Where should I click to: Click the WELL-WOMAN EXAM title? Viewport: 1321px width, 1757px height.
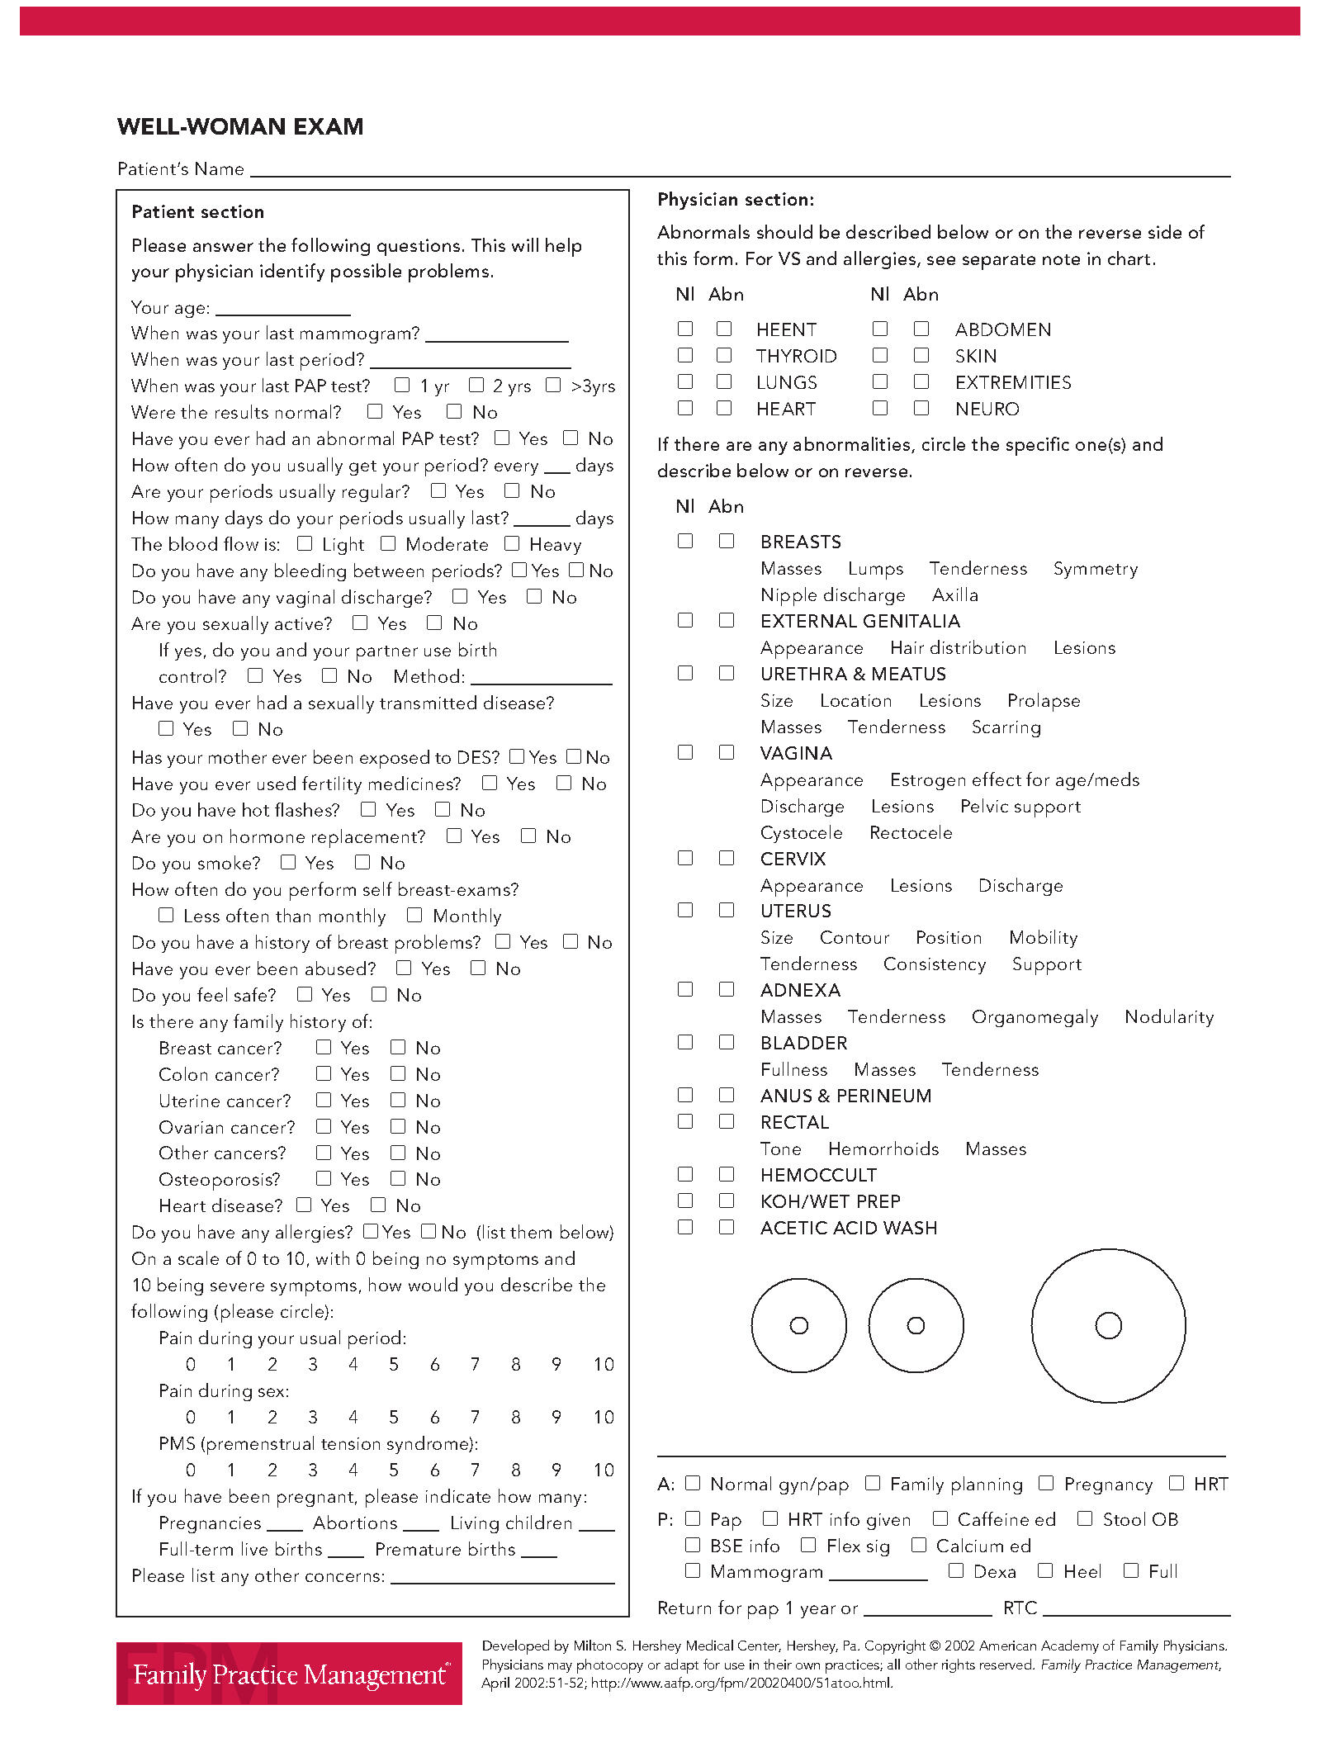pyautogui.click(x=240, y=126)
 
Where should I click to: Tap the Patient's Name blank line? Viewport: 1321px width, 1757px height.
pyautogui.click(x=739, y=170)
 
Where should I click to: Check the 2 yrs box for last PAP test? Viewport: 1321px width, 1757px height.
pyautogui.click(x=476, y=385)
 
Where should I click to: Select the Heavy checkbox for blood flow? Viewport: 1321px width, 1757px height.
pyautogui.click(x=512, y=543)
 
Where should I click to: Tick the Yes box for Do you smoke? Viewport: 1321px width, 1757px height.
pyautogui.click(x=288, y=862)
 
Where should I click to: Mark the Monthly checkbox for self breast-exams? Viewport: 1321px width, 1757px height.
pyautogui.click(x=414, y=915)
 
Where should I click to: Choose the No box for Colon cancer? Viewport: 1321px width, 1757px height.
pyautogui.click(x=398, y=1073)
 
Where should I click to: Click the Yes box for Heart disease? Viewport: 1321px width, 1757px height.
pyautogui.click(x=304, y=1205)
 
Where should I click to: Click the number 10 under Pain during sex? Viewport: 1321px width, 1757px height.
pyautogui.click(x=604, y=1418)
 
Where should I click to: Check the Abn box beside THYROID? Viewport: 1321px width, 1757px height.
pyautogui.click(x=724, y=355)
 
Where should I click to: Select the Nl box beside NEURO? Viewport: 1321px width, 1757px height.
pyautogui.click(x=880, y=408)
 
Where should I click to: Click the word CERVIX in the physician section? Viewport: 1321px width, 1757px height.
pyautogui.click(x=793, y=859)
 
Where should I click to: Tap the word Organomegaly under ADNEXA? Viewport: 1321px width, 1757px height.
pyautogui.click(x=1035, y=1017)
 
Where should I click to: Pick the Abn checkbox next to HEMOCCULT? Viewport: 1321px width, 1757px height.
pyautogui.click(x=727, y=1174)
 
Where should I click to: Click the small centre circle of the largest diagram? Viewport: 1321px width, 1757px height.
pyautogui.click(x=1108, y=1325)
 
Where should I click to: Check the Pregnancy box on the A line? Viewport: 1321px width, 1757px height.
pyautogui.click(x=1046, y=1483)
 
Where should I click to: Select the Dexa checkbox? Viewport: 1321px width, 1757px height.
pyautogui.click(x=956, y=1570)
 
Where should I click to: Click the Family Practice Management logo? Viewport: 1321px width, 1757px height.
pyautogui.click(x=289, y=1673)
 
